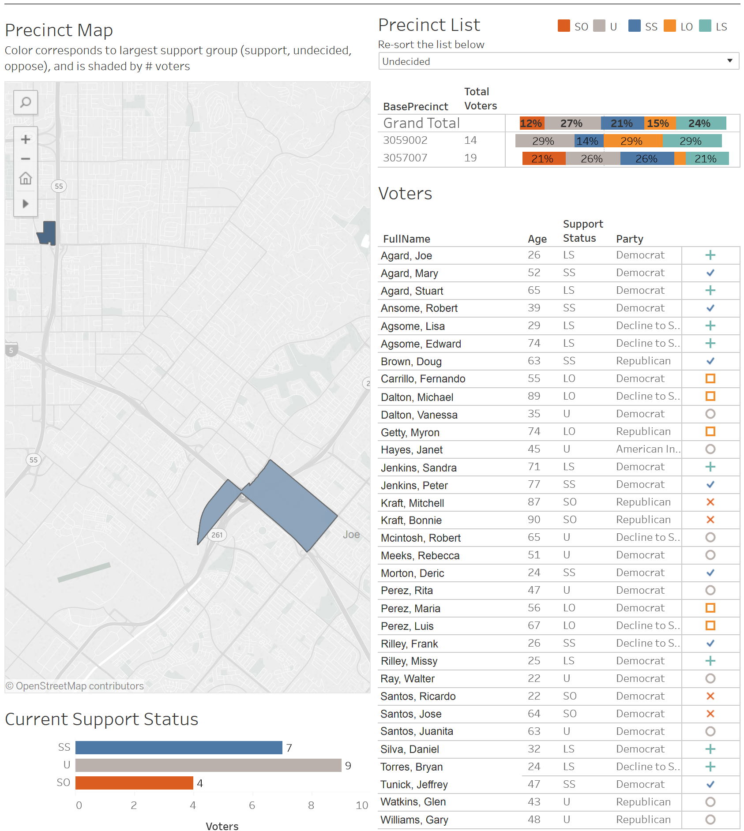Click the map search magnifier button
click(x=26, y=102)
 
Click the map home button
click(x=26, y=179)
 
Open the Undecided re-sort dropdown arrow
click(x=730, y=61)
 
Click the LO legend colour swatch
click(x=670, y=26)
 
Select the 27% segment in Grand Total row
click(x=572, y=123)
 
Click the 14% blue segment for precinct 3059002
click(x=589, y=141)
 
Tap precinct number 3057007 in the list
click(x=405, y=158)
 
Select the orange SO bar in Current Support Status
click(x=134, y=783)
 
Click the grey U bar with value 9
click(x=208, y=765)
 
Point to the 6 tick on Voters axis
click(x=252, y=805)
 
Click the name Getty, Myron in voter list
click(x=410, y=432)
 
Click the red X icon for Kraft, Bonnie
click(x=710, y=520)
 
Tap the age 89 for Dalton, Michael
click(x=534, y=396)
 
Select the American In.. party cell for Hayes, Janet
click(x=648, y=449)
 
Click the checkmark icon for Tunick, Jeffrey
click(x=710, y=784)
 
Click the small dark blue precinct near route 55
click(x=48, y=232)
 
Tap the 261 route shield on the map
click(x=217, y=535)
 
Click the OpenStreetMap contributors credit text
click(x=75, y=686)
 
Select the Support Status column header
click(x=582, y=231)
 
